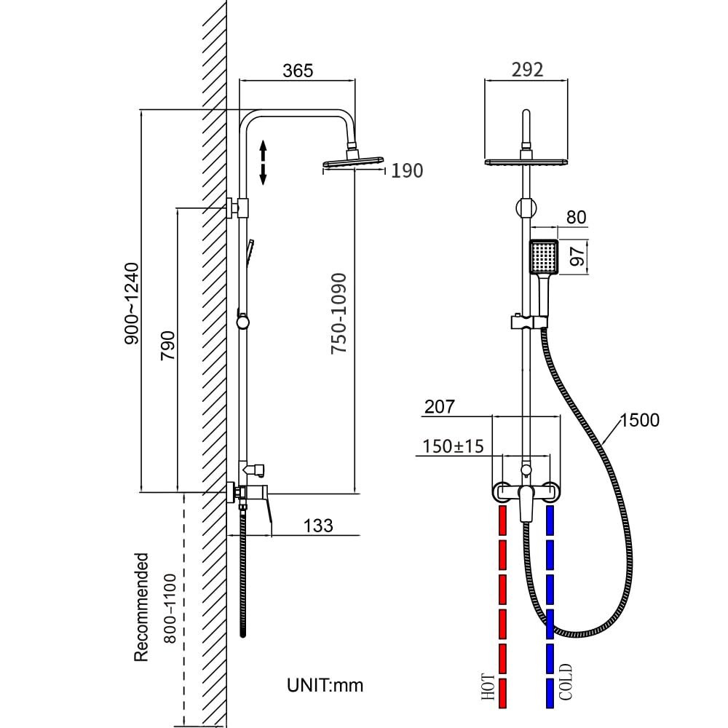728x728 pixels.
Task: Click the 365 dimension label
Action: [298, 71]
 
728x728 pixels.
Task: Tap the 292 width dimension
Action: [528, 70]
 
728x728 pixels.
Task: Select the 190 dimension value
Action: [407, 170]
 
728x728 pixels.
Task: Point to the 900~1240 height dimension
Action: [132, 304]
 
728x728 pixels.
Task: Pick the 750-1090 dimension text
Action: [339, 314]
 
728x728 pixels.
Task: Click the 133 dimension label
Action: [317, 525]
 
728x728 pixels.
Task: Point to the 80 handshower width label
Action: [575, 217]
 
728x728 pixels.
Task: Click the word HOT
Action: [488, 687]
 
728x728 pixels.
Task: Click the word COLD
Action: [566, 682]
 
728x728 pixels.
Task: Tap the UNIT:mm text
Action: [325, 684]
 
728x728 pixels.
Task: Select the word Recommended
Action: [141, 607]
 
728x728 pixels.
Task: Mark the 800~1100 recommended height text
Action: [170, 609]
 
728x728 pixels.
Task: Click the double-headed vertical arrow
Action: [264, 163]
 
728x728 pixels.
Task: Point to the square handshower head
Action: [543, 257]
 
